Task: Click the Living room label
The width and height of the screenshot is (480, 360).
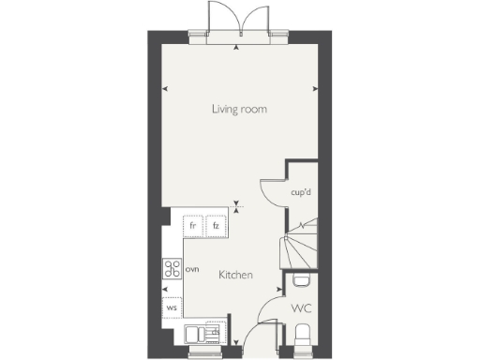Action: [238, 110]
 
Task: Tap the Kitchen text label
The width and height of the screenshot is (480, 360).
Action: [235, 276]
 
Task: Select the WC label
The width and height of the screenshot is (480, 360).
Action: [301, 307]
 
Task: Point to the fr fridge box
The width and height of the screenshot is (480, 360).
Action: [193, 226]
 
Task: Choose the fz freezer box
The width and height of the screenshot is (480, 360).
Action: [216, 226]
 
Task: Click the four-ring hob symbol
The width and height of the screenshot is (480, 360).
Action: [172, 269]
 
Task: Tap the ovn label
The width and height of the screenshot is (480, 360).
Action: [193, 269]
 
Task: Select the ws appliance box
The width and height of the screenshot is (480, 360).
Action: [172, 307]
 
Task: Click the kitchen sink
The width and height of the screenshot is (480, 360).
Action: [195, 333]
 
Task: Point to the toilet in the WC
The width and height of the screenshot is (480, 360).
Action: [303, 335]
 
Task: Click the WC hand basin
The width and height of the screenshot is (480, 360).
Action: [301, 280]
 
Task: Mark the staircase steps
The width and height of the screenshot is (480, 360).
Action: [297, 246]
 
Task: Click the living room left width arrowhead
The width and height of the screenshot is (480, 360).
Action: [166, 89]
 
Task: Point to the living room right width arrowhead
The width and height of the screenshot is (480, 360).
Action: [313, 89]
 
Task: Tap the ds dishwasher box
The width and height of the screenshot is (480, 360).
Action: [215, 331]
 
